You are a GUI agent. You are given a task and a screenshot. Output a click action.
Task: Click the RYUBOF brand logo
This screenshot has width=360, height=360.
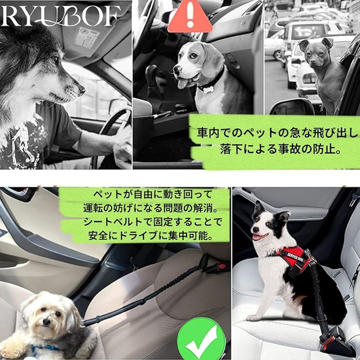pyautogui.click(x=60, y=15)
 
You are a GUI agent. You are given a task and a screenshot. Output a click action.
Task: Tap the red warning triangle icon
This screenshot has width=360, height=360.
pyautogui.click(x=190, y=16)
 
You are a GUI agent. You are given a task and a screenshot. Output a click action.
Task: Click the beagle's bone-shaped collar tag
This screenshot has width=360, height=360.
pyautogui.click(x=208, y=88)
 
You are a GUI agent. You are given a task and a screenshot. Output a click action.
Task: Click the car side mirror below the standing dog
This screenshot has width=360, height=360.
pyautogui.click(x=291, y=107)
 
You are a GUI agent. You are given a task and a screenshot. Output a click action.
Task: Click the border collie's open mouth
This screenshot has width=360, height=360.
pyautogui.click(x=259, y=236)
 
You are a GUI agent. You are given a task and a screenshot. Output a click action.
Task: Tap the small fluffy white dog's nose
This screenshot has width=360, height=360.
pyautogui.click(x=46, y=322)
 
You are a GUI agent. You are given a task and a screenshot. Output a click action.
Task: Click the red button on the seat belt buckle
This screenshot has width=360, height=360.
pyautogui.click(x=222, y=266)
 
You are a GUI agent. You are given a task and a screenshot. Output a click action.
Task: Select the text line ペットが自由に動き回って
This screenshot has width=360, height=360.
pyautogui.click(x=152, y=194)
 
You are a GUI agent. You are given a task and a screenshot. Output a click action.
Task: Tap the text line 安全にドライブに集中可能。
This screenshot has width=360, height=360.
pyautogui.click(x=150, y=235)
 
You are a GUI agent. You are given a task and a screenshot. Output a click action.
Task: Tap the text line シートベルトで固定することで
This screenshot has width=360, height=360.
pyautogui.click(x=153, y=222)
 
